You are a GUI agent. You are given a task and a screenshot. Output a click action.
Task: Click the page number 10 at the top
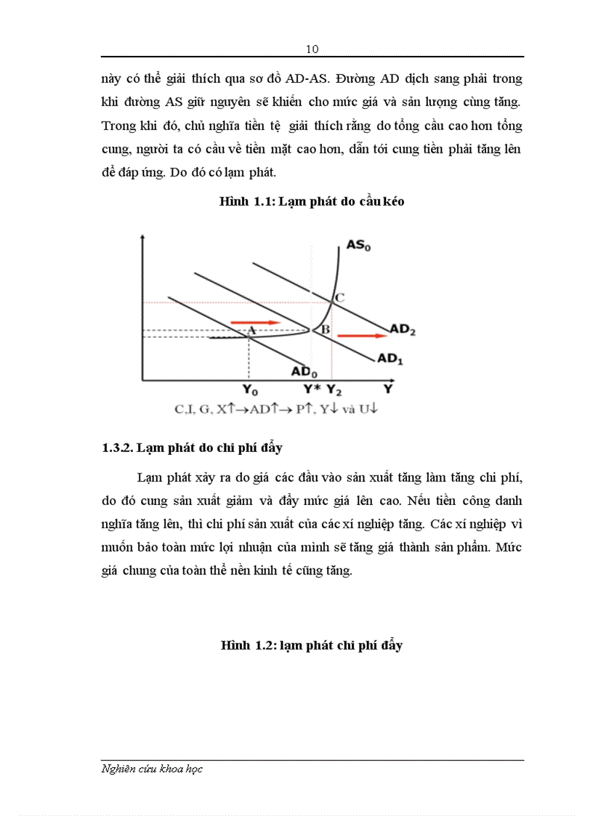(x=312, y=49)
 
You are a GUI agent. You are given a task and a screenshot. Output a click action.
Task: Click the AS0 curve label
(x=358, y=246)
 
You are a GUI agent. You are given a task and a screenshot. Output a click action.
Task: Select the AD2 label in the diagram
(x=403, y=329)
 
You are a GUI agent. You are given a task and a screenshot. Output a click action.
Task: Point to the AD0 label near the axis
(x=304, y=371)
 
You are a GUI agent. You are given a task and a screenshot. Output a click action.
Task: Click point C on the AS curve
(x=339, y=296)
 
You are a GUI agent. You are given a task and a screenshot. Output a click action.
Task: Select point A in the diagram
(x=251, y=331)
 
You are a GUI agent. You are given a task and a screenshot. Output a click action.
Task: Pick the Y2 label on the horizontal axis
(x=334, y=389)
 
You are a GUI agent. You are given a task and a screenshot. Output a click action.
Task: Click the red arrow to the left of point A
(x=255, y=322)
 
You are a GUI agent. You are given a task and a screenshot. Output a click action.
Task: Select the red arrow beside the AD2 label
(x=362, y=336)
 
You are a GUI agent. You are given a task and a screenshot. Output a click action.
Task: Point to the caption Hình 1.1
(x=312, y=202)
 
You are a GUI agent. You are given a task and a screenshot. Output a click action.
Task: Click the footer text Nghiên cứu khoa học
(x=152, y=769)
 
